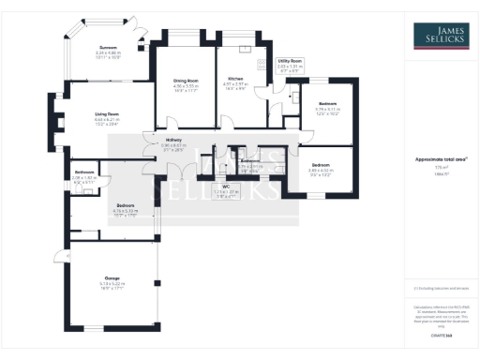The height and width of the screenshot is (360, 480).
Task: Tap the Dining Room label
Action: (186, 81)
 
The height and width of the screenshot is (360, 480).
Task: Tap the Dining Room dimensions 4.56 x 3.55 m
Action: (186, 86)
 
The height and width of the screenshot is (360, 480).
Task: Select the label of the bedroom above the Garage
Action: (126, 204)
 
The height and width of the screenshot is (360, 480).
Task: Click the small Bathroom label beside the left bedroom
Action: (84, 172)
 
